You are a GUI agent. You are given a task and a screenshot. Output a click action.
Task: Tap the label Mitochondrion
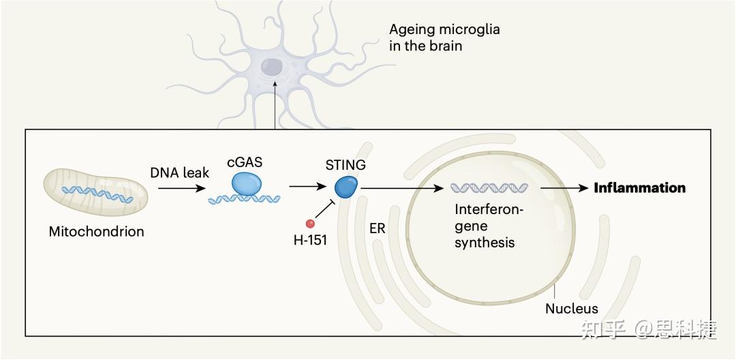click(96, 231)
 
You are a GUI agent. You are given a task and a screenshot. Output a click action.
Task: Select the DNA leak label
click(179, 172)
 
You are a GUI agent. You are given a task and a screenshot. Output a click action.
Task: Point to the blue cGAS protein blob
click(246, 183)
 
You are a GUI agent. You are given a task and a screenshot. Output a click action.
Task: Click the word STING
click(346, 165)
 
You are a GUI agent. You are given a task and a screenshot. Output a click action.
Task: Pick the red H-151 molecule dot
click(311, 223)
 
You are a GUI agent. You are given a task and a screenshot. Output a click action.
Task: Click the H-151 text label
click(311, 239)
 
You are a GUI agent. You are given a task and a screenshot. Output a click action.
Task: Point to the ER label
click(377, 228)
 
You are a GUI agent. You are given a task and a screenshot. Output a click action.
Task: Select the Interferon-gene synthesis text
click(488, 226)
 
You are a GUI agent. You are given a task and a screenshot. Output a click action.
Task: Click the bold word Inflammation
click(639, 187)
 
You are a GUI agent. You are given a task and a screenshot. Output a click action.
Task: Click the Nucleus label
click(571, 309)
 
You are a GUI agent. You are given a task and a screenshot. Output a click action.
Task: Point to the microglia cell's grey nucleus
click(273, 66)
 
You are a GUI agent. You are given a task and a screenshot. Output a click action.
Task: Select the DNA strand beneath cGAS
click(244, 200)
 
